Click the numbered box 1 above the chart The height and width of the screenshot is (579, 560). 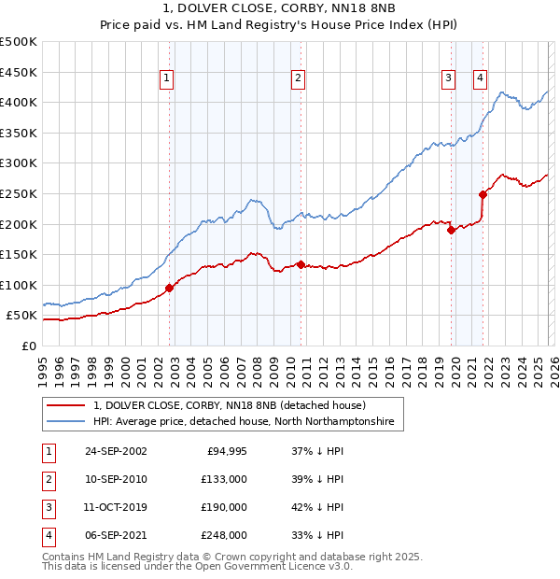tap(166, 79)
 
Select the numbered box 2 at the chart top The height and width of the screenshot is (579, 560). tap(298, 79)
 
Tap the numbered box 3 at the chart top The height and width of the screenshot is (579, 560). tap(449, 79)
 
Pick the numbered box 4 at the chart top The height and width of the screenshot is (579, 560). tap(480, 79)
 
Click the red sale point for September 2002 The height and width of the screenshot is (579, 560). tap(170, 289)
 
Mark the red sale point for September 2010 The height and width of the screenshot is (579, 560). tap(301, 264)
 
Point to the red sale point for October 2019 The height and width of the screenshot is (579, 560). tap(451, 230)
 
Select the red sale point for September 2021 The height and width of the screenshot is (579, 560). tap(483, 194)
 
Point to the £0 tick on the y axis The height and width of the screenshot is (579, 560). tap(27, 346)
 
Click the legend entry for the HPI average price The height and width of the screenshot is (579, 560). tap(244, 422)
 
